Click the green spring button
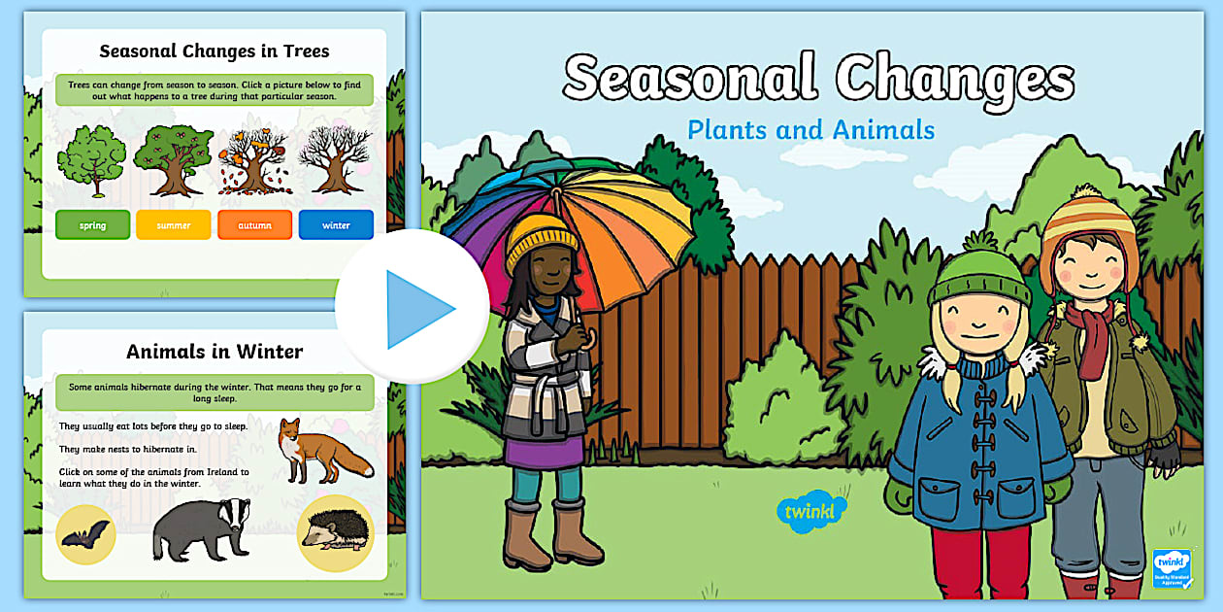[92, 225]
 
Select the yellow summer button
[174, 225]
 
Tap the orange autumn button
[254, 225]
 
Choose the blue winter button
[336, 225]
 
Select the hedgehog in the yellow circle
[335, 532]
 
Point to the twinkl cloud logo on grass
[811, 510]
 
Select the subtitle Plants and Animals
[810, 130]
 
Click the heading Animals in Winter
[215, 352]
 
